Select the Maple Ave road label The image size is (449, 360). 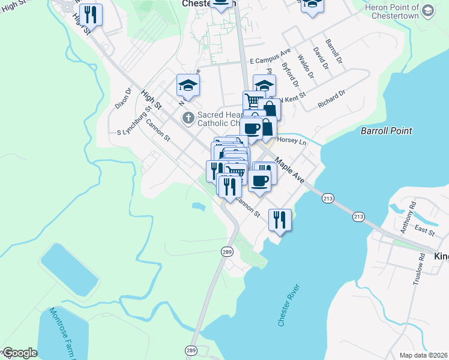290,170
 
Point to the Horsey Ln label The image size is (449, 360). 291,142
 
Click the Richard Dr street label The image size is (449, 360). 332,98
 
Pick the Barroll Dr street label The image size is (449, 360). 333,52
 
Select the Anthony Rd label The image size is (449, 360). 406,217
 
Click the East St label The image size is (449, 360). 424,231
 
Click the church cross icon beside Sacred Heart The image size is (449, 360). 188,118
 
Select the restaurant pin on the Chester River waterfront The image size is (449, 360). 281,220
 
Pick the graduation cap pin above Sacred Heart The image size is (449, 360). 188,86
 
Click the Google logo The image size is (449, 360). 19,353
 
